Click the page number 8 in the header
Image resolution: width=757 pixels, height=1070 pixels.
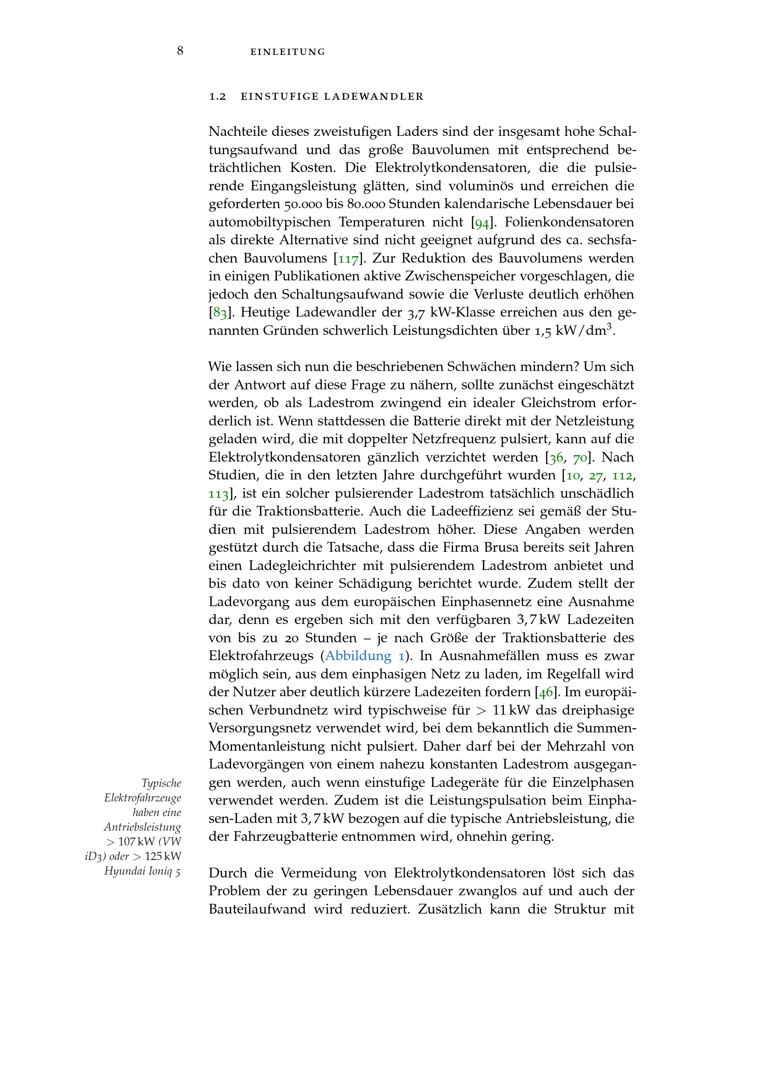coord(180,51)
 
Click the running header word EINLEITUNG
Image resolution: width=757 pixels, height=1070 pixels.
coord(287,52)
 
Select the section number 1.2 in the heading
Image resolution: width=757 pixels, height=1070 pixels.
coord(217,97)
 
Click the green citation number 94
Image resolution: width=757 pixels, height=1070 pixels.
coord(481,223)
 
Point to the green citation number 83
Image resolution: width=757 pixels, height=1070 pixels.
coord(220,313)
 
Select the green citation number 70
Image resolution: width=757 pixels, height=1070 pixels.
coord(580,458)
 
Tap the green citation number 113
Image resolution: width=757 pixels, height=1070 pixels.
coord(218,494)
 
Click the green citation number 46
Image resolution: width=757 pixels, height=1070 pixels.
coord(546,693)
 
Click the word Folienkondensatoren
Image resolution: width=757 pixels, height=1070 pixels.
coord(569,222)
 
